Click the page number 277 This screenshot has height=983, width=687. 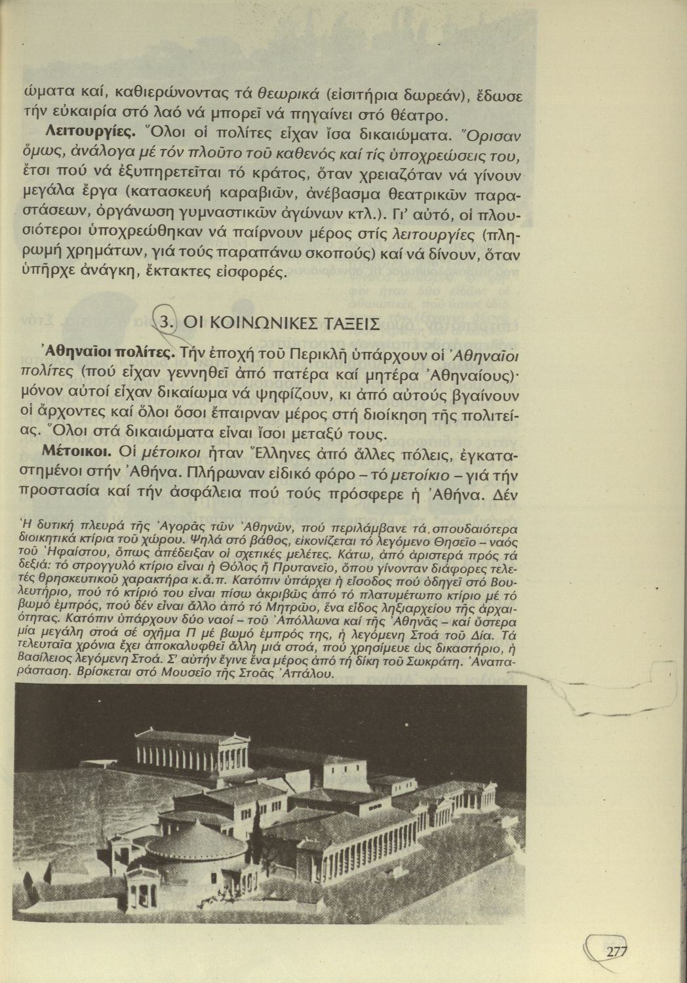pyautogui.click(x=617, y=952)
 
